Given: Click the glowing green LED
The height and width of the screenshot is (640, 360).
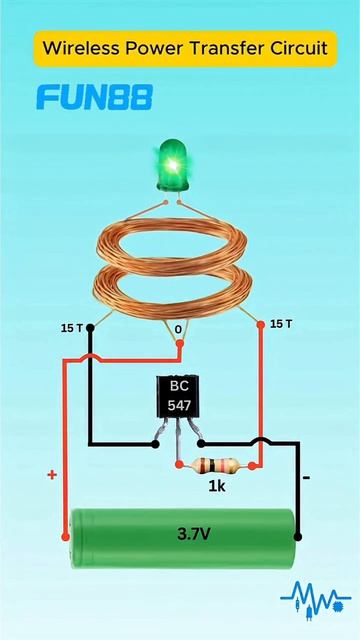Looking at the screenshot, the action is pos(173,165).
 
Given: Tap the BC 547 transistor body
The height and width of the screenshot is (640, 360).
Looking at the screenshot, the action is pos(179,397).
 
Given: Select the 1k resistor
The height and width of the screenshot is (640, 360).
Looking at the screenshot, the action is pos(216,465).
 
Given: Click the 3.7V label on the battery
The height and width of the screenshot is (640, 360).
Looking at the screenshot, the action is pos(194,534).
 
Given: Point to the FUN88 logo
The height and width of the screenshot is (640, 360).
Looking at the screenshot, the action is pos(95,97).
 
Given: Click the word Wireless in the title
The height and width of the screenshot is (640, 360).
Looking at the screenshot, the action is pos(82,48).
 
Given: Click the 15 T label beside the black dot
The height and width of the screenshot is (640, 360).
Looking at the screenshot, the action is pos(72,328).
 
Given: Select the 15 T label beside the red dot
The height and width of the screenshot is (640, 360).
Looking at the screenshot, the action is pos(281,324).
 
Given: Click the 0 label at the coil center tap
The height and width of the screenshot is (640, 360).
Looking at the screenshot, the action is pos(178,329).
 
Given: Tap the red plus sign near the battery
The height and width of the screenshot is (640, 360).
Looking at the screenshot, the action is pos(52,475).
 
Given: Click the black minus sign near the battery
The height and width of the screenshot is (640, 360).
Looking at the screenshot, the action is pos(307,477).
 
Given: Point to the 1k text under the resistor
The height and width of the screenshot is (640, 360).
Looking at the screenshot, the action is pos(217,486).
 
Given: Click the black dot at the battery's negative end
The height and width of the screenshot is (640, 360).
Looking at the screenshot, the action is pos(298,536).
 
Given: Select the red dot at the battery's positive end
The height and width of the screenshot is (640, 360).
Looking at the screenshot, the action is pos(65,536).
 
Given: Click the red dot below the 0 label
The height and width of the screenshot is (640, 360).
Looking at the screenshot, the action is pos(180,344).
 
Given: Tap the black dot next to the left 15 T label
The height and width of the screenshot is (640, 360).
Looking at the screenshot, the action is pos(91,328).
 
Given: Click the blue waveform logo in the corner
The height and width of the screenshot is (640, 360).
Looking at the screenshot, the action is pos(315,598).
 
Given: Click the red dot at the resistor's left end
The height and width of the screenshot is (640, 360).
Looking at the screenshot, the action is pos(179,464).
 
